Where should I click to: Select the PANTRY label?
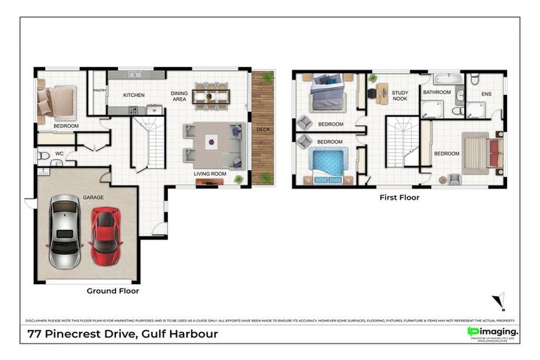[x=99, y=90]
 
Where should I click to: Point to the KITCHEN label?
[x=134, y=95]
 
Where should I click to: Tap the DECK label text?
[x=263, y=130]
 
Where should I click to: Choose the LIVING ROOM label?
[x=210, y=172]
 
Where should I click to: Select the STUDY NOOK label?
[x=400, y=96]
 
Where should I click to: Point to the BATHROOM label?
[x=437, y=92]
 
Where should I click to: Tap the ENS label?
[x=486, y=94]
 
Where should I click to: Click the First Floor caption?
[x=399, y=198]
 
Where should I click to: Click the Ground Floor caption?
[x=112, y=290]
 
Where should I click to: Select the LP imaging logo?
[x=492, y=331]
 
